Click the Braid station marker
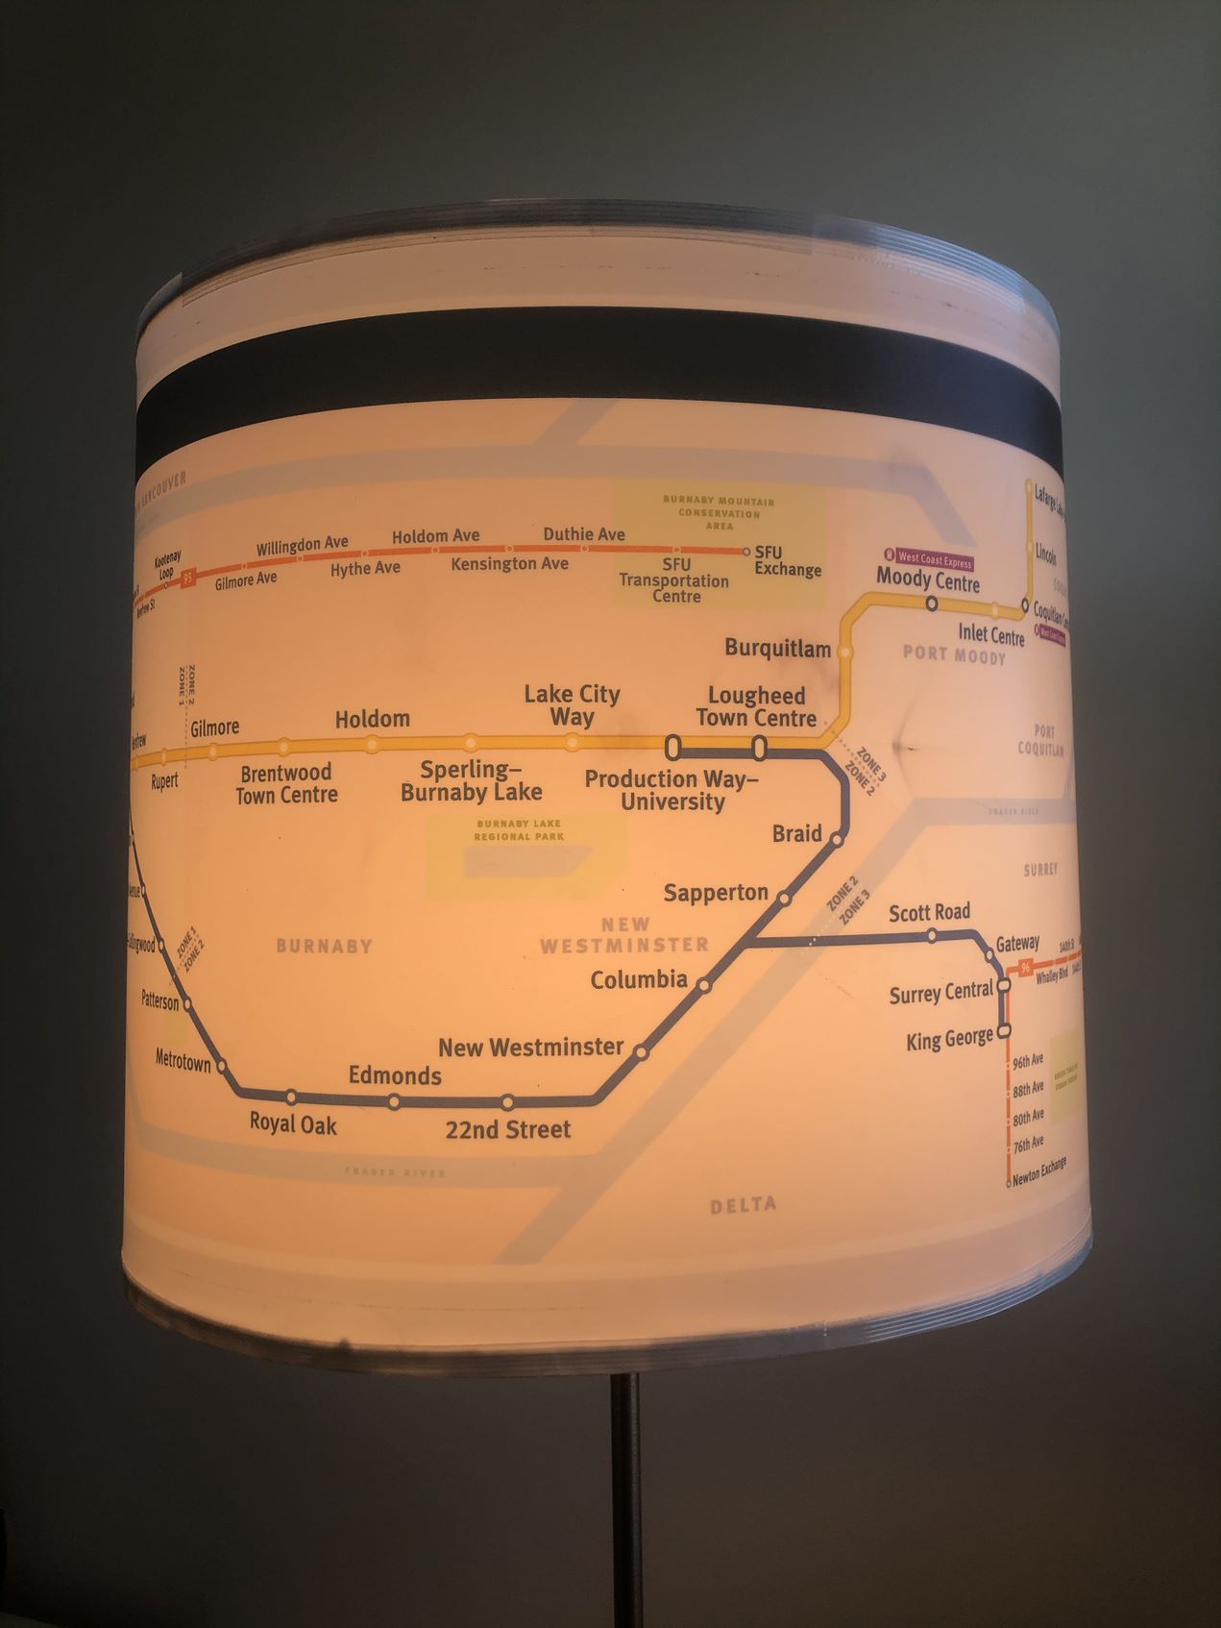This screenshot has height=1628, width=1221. pos(837,839)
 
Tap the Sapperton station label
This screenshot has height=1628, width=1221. pos(716,893)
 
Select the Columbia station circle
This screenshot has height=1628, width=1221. pos(704,985)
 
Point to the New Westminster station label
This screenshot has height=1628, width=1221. pos(530,1047)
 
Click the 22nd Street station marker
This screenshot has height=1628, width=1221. pos(507,1102)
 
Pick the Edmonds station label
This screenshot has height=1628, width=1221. pos(395,1075)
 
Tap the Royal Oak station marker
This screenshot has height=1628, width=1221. pos(291,1097)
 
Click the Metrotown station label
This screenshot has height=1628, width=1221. pos(183,1060)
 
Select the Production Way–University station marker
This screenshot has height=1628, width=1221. pos(672,747)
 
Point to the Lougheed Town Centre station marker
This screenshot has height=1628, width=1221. pos(759,747)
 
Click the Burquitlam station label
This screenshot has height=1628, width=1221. pos(777,649)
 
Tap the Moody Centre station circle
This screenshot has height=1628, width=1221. pos(931,604)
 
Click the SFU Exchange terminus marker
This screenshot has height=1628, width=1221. pos(746,552)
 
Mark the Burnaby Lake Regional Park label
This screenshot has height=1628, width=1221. pos(518,830)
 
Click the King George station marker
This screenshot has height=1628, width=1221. pos(1004,1031)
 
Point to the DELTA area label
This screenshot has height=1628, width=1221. pos(743,1205)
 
